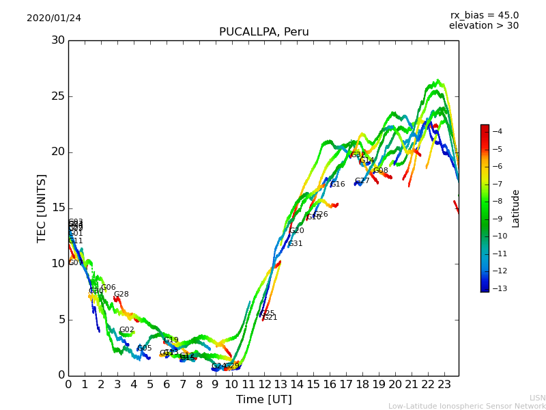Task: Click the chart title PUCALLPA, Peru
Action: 263,32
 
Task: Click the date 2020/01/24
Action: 54,18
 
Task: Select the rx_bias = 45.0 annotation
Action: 484,15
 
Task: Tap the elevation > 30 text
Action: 483,26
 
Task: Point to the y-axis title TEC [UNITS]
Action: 42,208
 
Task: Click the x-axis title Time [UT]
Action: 263,399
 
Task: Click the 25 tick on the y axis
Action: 58,96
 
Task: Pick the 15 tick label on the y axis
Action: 58,208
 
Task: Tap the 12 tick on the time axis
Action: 264,384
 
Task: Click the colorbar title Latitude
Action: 516,208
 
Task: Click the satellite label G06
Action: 108,288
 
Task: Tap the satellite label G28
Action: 121,295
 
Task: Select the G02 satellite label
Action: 126,330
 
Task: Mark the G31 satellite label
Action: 295,244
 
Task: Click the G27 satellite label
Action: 362,181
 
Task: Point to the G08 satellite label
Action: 380,171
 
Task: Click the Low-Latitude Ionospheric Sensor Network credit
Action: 467,406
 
